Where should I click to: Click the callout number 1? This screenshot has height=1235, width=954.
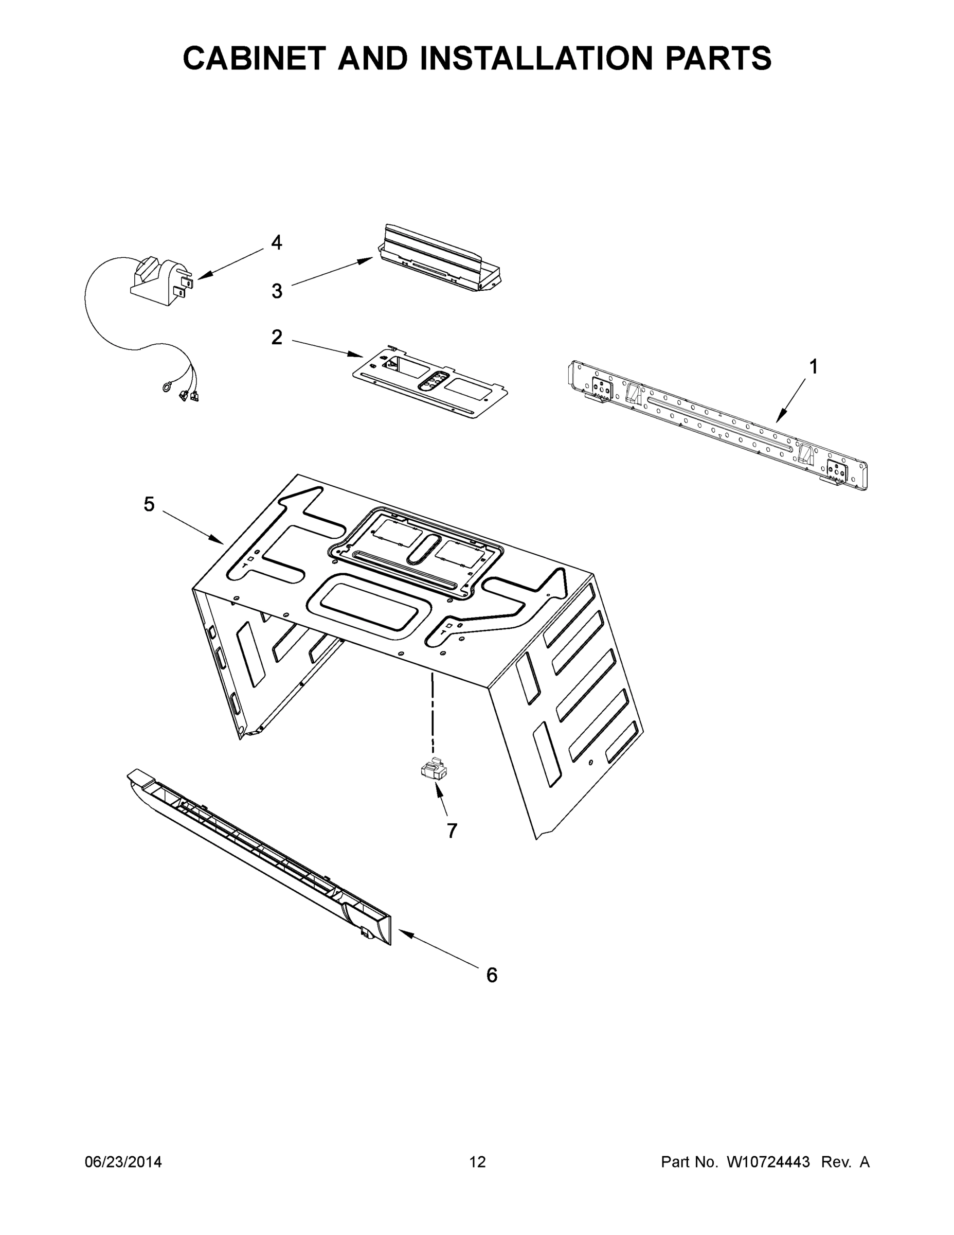coord(813,367)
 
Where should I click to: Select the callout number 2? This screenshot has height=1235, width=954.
coord(276,338)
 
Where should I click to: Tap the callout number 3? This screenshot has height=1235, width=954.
coord(276,291)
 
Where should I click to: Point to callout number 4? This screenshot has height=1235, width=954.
coord(276,242)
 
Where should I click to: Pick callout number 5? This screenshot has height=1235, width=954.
coord(149,504)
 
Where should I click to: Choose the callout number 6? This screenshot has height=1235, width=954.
coord(492,975)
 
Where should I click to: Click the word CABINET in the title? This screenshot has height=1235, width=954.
coord(255,58)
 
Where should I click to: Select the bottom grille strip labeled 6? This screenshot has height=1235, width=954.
coord(260,857)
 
